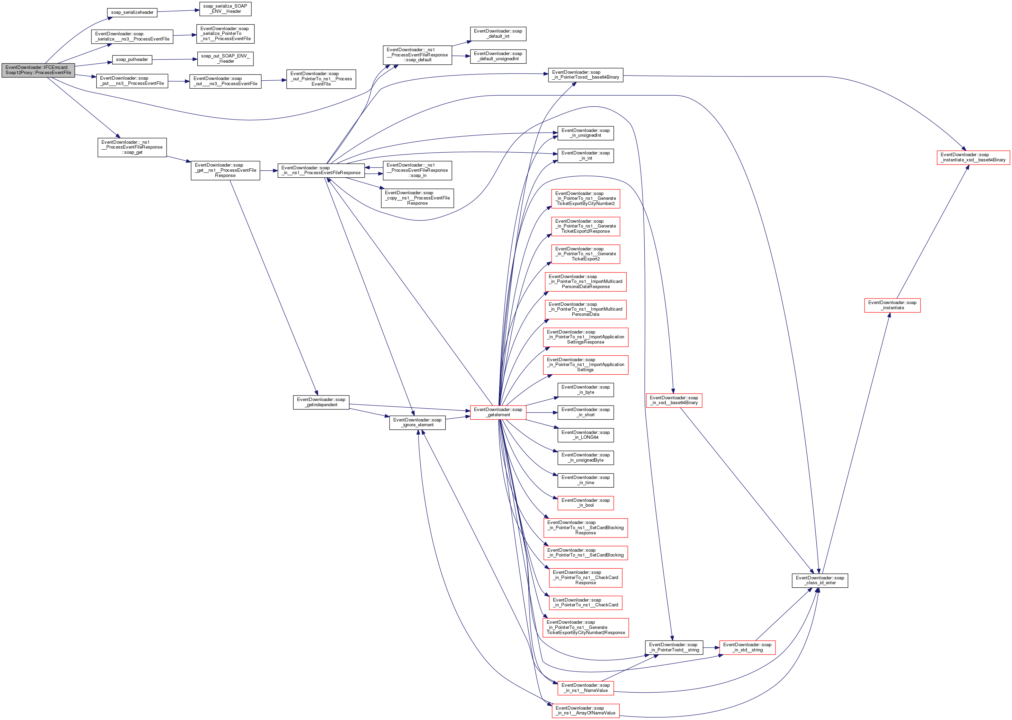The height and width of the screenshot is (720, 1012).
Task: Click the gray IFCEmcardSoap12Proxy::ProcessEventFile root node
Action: tap(38, 70)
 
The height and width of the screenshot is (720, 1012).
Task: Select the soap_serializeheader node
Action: tap(132, 12)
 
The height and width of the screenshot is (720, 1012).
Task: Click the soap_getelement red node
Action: tap(498, 412)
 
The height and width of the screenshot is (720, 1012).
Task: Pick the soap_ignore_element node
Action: tap(417, 423)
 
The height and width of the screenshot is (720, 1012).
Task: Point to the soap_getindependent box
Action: tap(321, 402)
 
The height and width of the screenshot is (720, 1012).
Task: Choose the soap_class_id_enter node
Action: tap(820, 580)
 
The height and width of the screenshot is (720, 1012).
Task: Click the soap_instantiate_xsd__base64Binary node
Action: tap(973, 157)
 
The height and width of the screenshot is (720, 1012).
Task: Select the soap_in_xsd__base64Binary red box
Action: tap(674, 400)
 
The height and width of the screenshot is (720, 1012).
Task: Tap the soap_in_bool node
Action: tap(585, 503)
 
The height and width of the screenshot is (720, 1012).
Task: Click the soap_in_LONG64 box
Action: tap(585, 435)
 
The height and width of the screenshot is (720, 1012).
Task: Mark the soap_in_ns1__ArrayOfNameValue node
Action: tap(585, 711)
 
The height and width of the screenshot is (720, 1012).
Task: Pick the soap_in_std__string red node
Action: tap(747, 647)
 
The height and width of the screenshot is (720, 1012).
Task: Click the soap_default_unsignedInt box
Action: tap(498, 56)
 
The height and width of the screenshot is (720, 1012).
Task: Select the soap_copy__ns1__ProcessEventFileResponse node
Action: tap(417, 198)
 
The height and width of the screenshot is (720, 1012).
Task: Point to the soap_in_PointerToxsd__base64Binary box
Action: tap(585, 75)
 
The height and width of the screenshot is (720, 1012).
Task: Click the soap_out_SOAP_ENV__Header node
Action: tap(225, 59)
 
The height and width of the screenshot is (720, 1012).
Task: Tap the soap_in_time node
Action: tap(585, 480)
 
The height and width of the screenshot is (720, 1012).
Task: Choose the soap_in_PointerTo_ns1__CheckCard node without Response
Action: tap(585, 603)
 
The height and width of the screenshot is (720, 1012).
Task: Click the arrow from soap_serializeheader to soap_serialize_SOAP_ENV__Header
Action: tap(178, 11)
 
